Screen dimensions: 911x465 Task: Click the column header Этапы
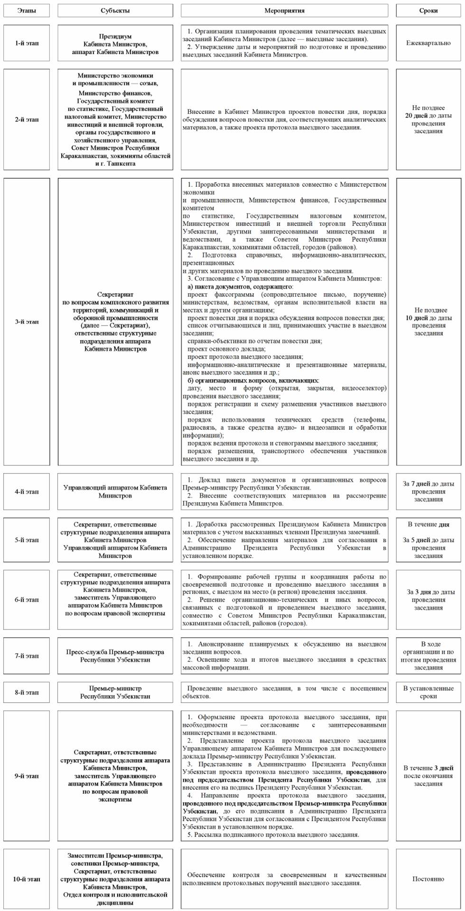(x=27, y=10)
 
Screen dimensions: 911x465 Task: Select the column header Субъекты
(x=115, y=10)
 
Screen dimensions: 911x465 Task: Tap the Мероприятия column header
(x=284, y=10)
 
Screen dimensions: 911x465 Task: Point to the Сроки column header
(x=428, y=10)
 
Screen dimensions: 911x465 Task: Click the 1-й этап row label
(x=27, y=43)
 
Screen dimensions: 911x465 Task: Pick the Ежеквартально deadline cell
(x=428, y=43)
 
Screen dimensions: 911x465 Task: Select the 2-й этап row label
(x=27, y=120)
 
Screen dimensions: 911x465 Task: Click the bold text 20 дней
(x=416, y=116)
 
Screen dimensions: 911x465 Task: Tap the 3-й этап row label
(x=27, y=322)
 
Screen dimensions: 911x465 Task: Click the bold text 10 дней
(x=416, y=318)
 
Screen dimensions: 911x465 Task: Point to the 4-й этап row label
(x=27, y=492)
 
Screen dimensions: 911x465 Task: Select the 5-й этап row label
(x=27, y=540)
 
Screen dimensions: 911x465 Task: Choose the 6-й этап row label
(x=27, y=600)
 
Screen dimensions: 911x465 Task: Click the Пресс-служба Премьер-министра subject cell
(x=115, y=656)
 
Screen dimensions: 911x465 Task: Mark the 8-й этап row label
(x=27, y=692)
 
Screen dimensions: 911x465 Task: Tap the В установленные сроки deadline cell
(x=428, y=692)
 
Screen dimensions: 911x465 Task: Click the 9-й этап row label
(x=27, y=776)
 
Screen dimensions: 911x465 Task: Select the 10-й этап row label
(x=27, y=879)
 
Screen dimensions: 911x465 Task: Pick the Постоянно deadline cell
(x=428, y=879)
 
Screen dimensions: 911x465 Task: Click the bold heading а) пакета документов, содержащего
(x=240, y=287)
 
